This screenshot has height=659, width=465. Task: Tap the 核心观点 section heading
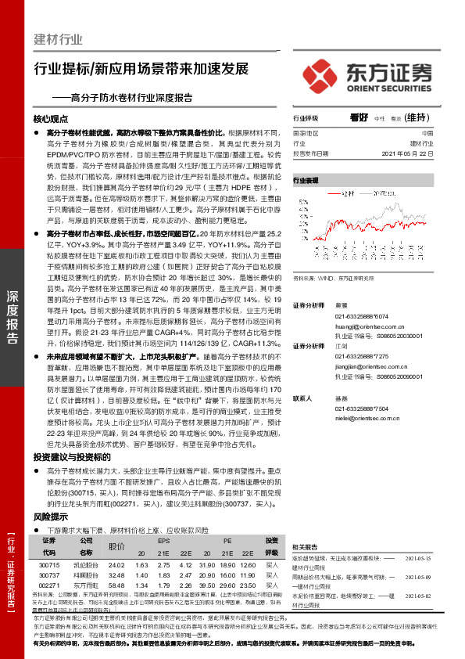51,120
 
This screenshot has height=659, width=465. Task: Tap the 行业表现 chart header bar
306,180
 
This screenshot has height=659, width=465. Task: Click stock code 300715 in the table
48,565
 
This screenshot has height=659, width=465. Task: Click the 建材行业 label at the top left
59,38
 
